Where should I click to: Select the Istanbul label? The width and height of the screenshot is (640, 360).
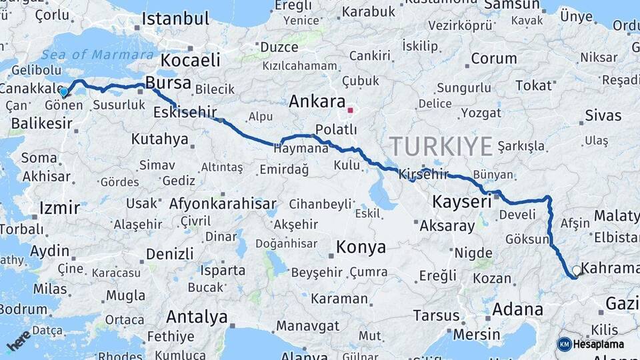click(x=175, y=18)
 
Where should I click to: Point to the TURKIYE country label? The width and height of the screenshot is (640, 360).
click(x=441, y=146)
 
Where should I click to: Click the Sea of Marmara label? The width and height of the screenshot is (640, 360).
click(x=97, y=55)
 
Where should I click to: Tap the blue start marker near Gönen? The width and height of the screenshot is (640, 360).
click(x=64, y=92)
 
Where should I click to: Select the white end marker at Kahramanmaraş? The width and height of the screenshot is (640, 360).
click(x=576, y=271)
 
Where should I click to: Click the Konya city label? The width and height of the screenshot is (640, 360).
click(x=361, y=247)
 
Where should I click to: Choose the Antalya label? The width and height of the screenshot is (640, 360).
click(x=197, y=317)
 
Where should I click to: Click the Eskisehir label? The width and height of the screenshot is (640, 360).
click(x=185, y=113)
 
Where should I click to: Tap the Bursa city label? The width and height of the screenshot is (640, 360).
click(x=168, y=83)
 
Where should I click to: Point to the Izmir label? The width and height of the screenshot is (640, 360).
click(x=60, y=207)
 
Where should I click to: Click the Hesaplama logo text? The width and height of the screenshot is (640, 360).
click(x=600, y=344)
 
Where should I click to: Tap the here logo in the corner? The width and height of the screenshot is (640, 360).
click(x=19, y=341)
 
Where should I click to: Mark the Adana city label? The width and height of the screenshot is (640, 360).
click(x=517, y=309)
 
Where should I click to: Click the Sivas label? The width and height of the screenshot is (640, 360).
click(x=603, y=115)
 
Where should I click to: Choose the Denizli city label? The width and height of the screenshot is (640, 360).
click(x=170, y=254)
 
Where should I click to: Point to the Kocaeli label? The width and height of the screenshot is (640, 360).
click(x=191, y=60)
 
